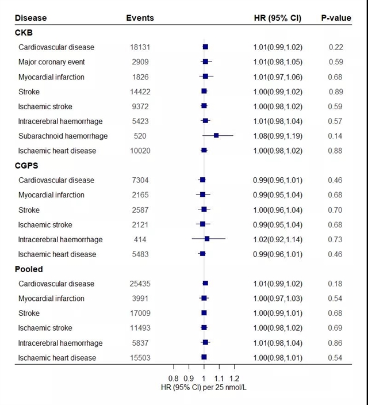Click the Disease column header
click(31, 18)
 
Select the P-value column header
click(336, 18)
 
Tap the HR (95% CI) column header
click(277, 18)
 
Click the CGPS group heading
click(29, 166)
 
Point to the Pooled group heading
click(29, 269)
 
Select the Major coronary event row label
click(51, 62)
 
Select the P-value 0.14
click(336, 136)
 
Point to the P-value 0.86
click(336, 343)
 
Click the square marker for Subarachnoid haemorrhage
click(216, 136)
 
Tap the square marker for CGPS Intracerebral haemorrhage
click(207, 239)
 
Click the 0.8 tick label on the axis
click(174, 379)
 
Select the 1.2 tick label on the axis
click(234, 379)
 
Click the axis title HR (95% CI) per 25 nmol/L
click(204, 388)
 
